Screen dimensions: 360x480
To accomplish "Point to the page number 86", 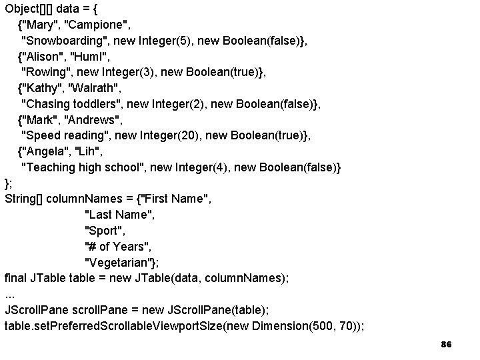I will [x=446, y=344].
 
